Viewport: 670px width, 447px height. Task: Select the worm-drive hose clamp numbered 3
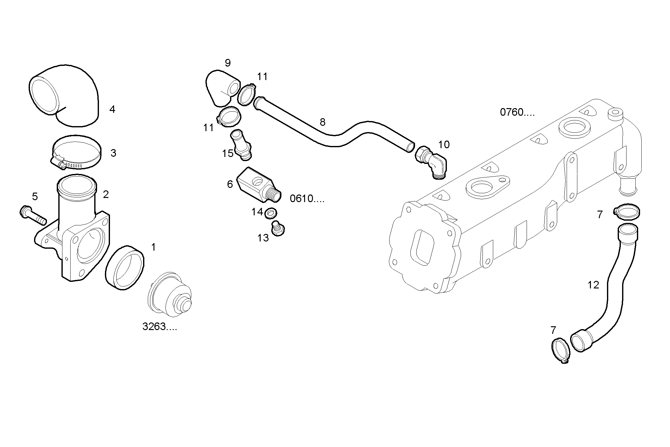tap(76, 153)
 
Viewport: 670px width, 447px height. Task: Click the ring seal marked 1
tap(124, 267)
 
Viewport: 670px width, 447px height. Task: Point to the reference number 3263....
tap(159, 327)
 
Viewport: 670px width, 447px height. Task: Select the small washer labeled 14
tap(271, 213)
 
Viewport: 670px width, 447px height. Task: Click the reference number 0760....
tap(517, 112)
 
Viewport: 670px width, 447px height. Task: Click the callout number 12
tap(593, 285)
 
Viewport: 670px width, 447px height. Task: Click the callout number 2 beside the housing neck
tap(106, 194)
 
